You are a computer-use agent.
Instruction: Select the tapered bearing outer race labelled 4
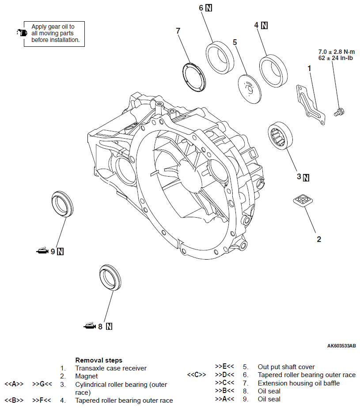coord(273,69)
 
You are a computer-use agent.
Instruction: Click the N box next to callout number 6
coord(209,8)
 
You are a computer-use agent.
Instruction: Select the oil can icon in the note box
coord(22,32)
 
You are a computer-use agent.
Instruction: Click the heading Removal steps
coord(99,360)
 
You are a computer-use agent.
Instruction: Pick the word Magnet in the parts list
coord(87,376)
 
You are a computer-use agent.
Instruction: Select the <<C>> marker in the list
coord(197,375)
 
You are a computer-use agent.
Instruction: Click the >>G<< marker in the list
coord(42,385)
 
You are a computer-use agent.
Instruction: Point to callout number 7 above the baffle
coord(178,31)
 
